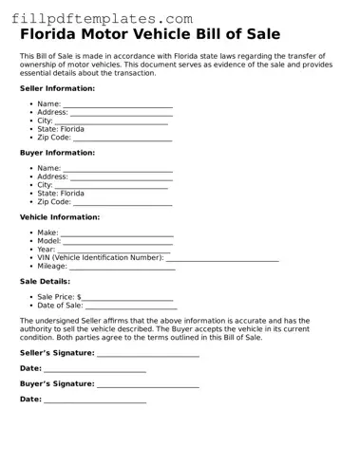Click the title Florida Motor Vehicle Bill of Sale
point(150,35)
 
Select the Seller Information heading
point(57,88)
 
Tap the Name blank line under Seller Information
point(118,105)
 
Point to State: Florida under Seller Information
point(61,129)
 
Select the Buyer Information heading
point(57,152)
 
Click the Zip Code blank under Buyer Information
point(123,203)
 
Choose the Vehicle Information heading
point(59,216)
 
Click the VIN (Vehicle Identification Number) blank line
point(222,258)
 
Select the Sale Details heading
point(45,281)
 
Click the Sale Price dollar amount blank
point(127,298)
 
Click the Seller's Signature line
point(148,354)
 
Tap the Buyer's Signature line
point(148,385)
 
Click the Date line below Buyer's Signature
point(95,400)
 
